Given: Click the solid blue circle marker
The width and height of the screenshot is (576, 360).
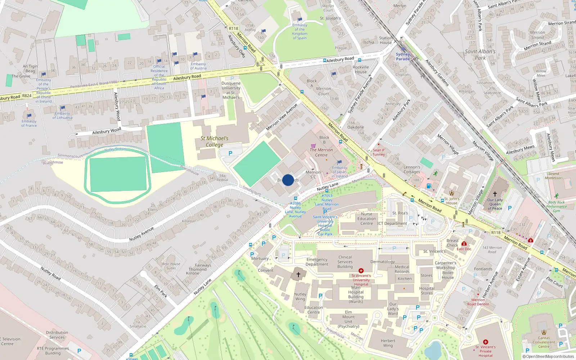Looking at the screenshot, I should pos(288,180).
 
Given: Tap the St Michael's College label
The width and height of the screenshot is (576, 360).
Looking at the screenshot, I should pos(215,141).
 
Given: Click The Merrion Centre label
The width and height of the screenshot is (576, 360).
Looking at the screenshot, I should pos(321,152).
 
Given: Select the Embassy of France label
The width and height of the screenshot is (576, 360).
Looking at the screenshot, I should pos(29,123).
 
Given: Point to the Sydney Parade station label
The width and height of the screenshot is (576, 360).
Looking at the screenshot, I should pos(403,57).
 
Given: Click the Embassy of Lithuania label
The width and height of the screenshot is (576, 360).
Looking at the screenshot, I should pos(62,116).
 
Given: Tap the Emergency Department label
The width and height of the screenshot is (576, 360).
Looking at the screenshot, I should pos(317,262).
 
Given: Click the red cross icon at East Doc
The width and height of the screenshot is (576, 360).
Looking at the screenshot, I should pos(464,244).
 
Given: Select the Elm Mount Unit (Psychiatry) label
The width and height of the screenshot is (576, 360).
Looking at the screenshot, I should pos(348,319).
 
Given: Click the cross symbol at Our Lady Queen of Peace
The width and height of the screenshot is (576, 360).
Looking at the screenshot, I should pos(495,194).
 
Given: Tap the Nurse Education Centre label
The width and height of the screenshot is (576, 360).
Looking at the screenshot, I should pos(366,219).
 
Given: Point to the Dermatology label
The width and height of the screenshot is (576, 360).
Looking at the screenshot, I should pos(383,262).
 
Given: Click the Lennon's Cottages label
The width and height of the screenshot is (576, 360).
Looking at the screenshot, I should pos(412,170).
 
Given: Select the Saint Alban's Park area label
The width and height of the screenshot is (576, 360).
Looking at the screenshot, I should pos(480,54).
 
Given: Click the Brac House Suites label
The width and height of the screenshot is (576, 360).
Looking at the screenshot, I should pos(171,266).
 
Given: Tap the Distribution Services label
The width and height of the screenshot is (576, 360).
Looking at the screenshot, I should pos(57,335).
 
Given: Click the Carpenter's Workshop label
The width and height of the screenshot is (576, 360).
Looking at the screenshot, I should pos(446,265).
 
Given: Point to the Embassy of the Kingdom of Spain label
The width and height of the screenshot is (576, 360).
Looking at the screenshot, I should pos(300,32).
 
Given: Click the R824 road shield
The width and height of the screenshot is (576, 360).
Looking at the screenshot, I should pos(27,95).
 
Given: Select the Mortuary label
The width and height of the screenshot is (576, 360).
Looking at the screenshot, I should pos(260,258).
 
